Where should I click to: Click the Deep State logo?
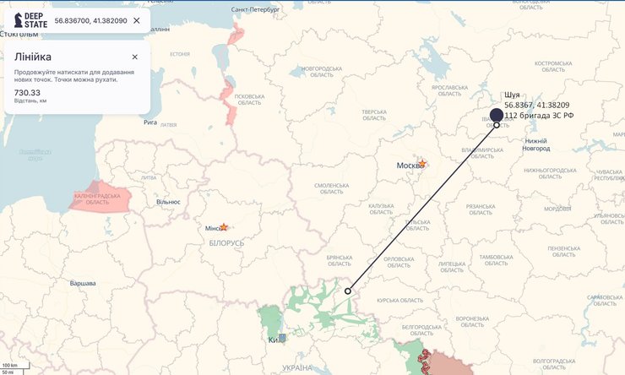pos(30,19)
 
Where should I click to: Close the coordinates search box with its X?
pos(137,20)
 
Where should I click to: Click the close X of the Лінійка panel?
pos(134,57)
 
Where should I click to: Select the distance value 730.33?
pos(27,92)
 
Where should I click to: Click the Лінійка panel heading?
pos(32,57)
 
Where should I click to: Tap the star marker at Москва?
pos(422,163)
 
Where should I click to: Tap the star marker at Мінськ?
pos(224,227)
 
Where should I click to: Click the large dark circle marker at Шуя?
pos(497,115)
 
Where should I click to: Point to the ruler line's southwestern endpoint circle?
pos(347,291)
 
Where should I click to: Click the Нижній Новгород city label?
pos(536,144)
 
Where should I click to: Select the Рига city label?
pos(150,122)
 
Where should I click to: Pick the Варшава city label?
pos(83,283)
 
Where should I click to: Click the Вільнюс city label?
pos(168,202)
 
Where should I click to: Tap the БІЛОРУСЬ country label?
pos(226,242)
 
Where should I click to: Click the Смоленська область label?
pos(331,188)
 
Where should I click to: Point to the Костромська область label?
pos(553,66)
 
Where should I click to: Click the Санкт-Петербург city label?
pos(255,8)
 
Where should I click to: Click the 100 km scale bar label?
pos(10,366)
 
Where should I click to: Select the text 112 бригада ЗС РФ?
pos(539,115)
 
